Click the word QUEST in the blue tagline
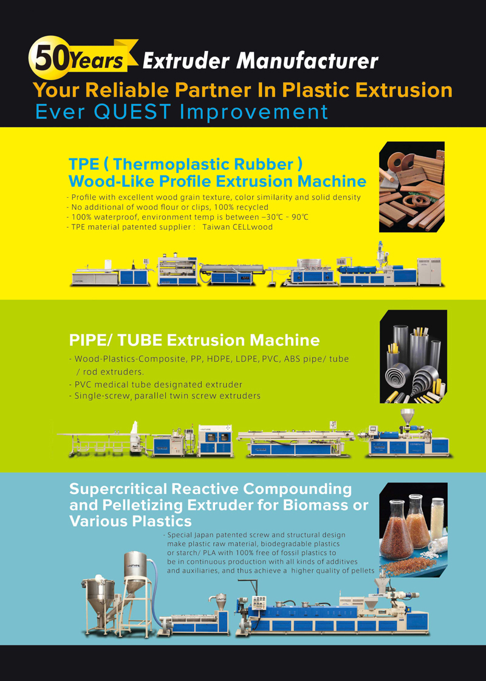click(132, 112)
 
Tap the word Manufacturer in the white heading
click(307, 61)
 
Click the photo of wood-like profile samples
click(412, 187)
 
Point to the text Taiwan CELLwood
click(238, 227)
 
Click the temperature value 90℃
click(300, 217)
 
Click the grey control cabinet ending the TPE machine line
click(429, 271)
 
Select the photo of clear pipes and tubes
click(413, 356)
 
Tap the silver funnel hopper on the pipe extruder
click(407, 416)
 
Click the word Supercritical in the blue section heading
click(118, 489)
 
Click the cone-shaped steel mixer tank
click(98, 595)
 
